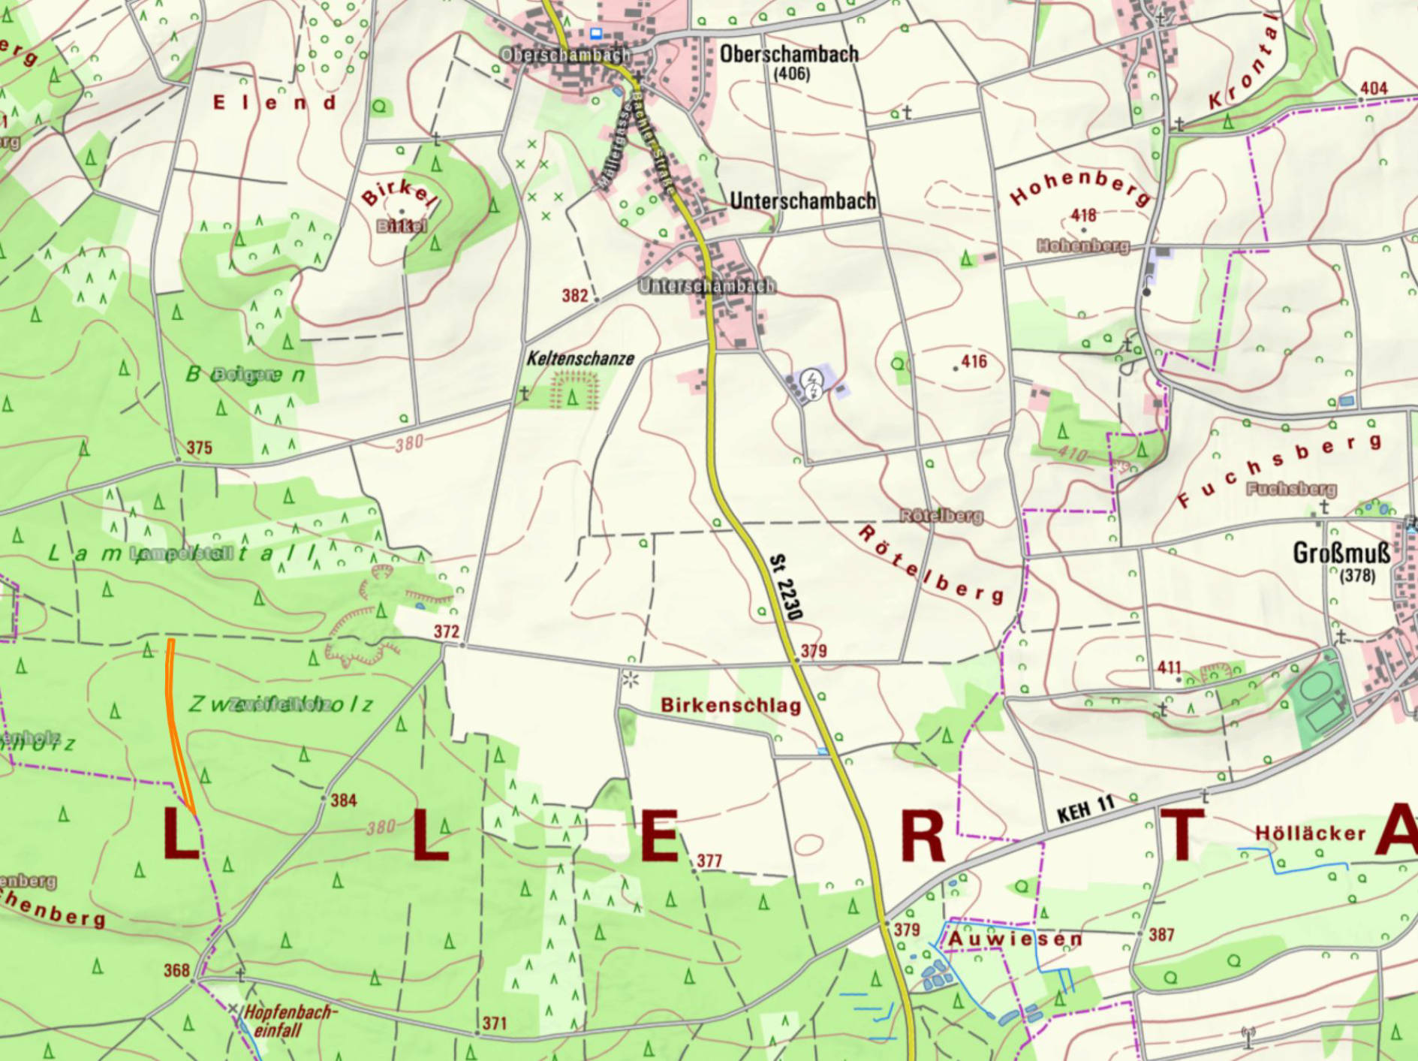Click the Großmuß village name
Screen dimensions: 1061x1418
[1341, 554]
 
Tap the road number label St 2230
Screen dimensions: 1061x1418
[786, 586]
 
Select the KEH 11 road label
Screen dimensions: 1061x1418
[1085, 809]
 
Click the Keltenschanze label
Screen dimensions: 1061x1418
[580, 359]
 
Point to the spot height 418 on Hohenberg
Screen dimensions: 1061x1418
[1083, 216]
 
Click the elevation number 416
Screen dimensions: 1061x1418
[974, 362]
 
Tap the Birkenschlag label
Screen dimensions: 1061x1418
[730, 706]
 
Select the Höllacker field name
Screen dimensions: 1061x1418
[1310, 833]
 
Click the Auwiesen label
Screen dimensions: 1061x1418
[1015, 939]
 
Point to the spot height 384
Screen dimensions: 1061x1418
[343, 800]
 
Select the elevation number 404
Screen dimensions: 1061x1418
[1373, 89]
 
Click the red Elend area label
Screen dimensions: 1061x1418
[275, 103]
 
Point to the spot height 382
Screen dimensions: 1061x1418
[574, 296]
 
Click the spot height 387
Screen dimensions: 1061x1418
[1161, 935]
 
